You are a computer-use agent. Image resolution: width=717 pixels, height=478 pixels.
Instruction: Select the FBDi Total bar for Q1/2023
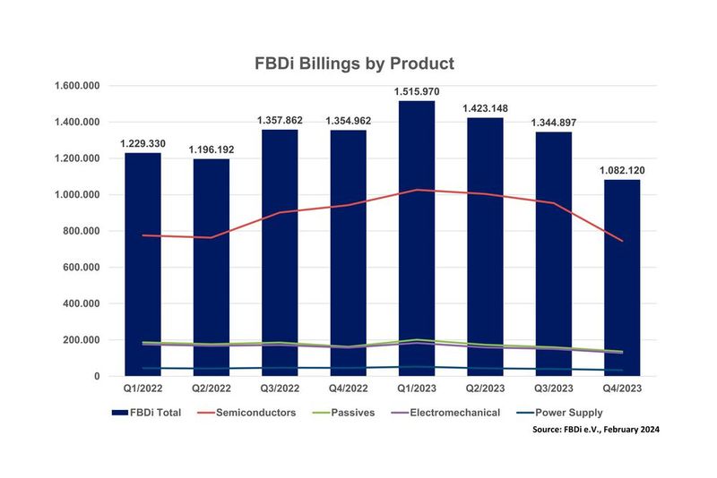(x=417, y=269)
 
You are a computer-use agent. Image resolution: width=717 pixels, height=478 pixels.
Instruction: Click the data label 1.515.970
(x=417, y=91)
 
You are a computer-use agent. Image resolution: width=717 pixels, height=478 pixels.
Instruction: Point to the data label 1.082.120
(x=622, y=170)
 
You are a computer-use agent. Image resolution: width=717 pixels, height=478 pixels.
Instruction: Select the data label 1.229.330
(x=143, y=143)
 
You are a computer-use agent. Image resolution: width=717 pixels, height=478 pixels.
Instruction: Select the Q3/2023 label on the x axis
(x=553, y=390)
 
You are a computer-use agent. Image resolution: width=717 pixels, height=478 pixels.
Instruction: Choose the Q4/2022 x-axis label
(x=348, y=390)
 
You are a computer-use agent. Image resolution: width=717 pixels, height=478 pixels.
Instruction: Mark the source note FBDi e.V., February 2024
(x=595, y=430)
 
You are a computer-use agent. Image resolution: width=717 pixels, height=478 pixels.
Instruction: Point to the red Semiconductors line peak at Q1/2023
(x=417, y=190)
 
